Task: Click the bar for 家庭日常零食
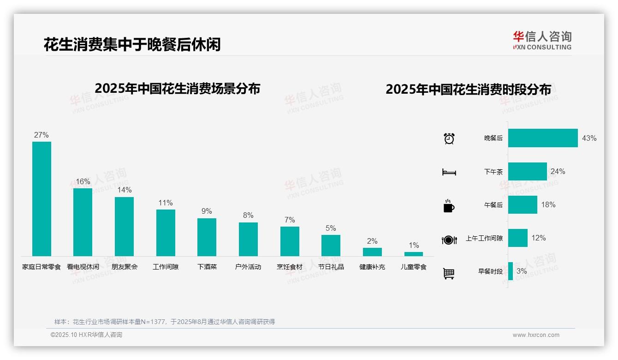(42, 199)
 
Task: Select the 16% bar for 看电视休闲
(83, 222)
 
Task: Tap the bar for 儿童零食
(413, 254)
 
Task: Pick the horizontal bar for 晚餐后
(543, 138)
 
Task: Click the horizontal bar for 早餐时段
(511, 271)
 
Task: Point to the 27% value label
(41, 135)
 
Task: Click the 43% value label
(589, 138)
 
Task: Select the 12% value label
(538, 238)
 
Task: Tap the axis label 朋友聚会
(125, 267)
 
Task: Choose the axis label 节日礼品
(331, 267)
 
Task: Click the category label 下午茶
(493, 172)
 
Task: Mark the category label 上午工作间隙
(484, 238)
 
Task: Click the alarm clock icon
(449, 138)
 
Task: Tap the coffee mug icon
(449, 206)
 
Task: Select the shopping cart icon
(449, 273)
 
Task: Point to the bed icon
(449, 172)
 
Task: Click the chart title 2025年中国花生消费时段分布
(468, 90)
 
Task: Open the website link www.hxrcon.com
(536, 335)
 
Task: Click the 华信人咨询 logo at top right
(542, 41)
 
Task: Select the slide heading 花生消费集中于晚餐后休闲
(132, 44)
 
